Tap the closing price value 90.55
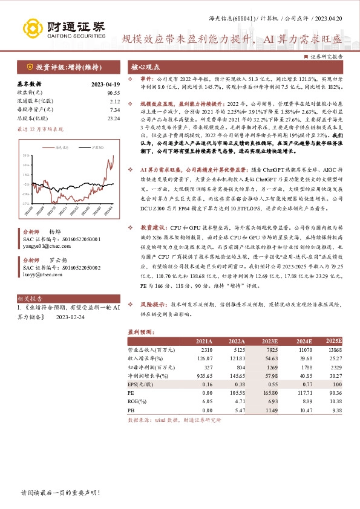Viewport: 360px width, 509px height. click(113, 93)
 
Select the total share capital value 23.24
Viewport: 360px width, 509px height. click(113, 119)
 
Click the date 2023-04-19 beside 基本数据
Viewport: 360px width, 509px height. click(105, 85)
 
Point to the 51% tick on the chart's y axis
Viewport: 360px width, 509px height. click(26, 155)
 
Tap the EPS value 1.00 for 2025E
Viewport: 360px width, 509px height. click(337, 383)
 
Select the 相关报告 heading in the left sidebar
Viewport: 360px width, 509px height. click(30, 299)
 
